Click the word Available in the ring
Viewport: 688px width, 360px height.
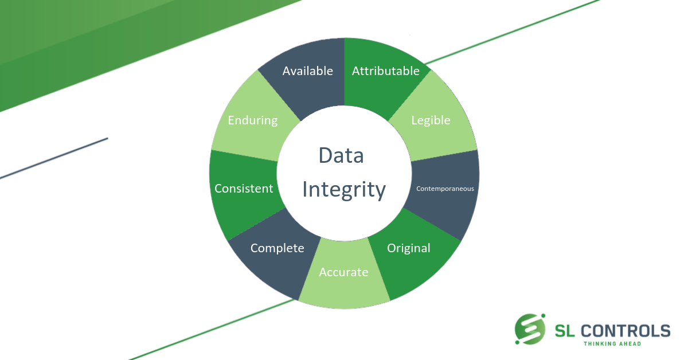(307, 71)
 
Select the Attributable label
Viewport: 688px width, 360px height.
(385, 71)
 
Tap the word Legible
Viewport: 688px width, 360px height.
(431, 120)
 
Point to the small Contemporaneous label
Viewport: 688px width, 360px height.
(445, 189)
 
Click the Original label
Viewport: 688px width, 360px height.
(408, 248)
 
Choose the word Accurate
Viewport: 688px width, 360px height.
(343, 272)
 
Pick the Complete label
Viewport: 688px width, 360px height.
(277, 248)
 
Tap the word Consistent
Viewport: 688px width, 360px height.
(244, 188)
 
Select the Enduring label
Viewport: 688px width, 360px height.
(252, 120)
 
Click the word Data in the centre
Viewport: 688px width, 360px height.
(341, 155)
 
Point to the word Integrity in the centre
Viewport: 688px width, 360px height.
(344, 190)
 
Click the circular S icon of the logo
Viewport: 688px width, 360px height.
(530, 329)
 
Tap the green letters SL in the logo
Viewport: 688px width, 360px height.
(565, 331)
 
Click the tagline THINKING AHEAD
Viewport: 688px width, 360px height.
(612, 344)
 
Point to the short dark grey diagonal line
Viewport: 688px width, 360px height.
(54, 158)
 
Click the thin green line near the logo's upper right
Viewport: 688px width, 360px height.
(513, 32)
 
